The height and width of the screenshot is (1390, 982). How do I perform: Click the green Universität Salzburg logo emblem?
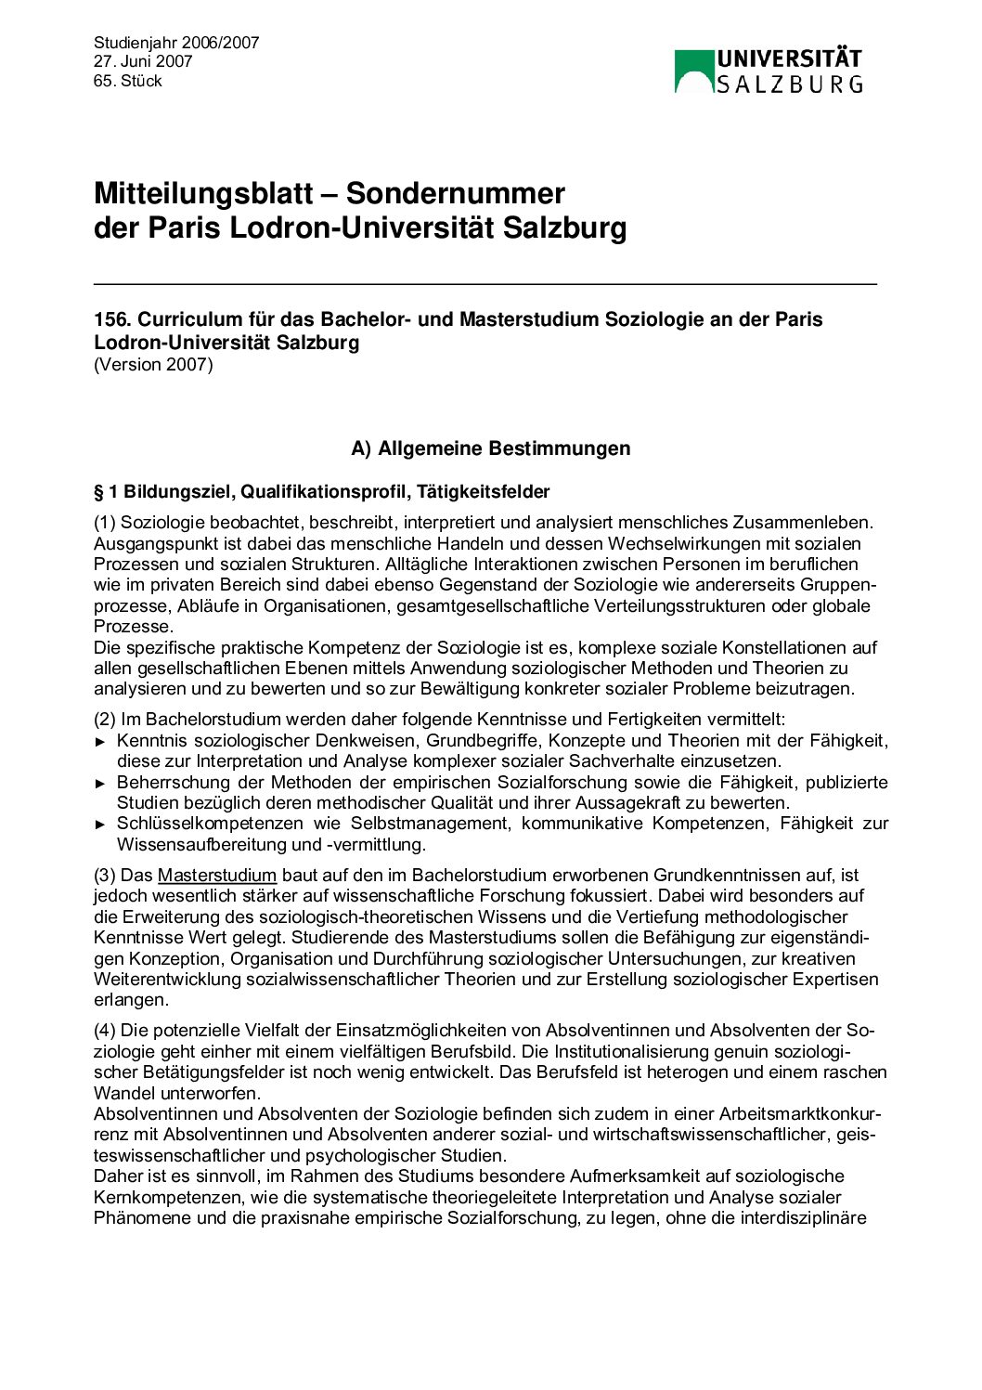click(693, 71)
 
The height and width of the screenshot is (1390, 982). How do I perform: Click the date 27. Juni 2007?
click(142, 61)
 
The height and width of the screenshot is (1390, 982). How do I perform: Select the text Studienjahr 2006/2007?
click(176, 42)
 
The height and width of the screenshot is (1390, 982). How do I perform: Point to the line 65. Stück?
click(127, 81)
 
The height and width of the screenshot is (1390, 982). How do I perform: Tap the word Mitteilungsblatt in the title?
click(203, 193)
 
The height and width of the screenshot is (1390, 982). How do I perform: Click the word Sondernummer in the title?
click(456, 193)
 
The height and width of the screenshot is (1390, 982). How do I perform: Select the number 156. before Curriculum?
click(112, 319)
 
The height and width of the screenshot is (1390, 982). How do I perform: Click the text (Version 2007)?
click(153, 364)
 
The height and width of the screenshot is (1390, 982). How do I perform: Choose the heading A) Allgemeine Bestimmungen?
click(490, 448)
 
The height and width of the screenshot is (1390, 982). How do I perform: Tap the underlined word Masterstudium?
click(217, 875)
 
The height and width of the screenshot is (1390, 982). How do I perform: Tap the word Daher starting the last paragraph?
click(118, 1176)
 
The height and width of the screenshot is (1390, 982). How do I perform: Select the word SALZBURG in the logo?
click(789, 84)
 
